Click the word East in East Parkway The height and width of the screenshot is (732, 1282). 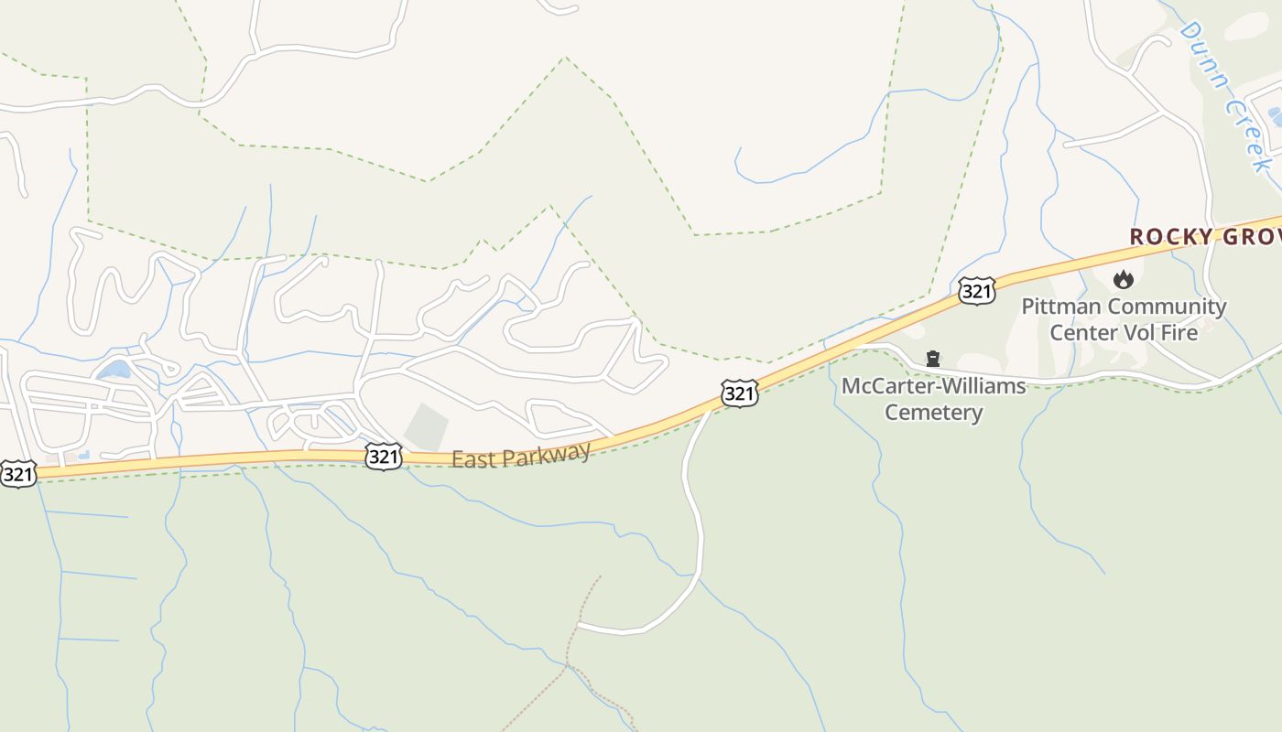click(473, 458)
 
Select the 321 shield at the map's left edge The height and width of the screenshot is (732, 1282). click(18, 474)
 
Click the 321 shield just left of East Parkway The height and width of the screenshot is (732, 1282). click(383, 456)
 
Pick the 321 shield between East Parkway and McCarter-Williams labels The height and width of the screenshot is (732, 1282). click(739, 393)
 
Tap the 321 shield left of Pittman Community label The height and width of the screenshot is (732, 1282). click(977, 291)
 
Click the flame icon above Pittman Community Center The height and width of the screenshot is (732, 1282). click(1124, 280)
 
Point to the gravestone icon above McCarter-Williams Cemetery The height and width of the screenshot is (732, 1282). click(933, 359)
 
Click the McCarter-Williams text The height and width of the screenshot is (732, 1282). click(933, 386)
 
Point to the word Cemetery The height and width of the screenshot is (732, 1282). click(933, 412)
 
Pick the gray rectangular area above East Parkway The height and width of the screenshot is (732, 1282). click(427, 426)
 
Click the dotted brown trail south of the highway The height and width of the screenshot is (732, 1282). click(573, 640)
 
